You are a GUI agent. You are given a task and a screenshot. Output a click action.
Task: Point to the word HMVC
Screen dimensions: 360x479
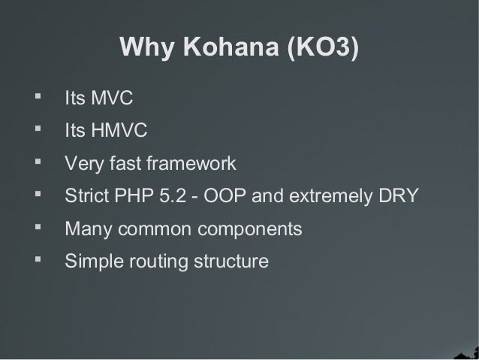120,132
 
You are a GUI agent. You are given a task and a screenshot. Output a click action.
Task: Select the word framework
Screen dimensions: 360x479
191,163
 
